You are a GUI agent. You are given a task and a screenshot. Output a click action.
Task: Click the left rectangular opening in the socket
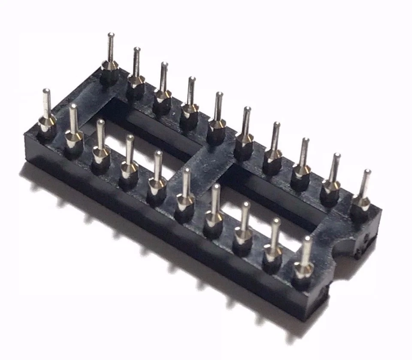coord(137,137)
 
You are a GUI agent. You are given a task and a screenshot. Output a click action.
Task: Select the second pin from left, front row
coord(73,130)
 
